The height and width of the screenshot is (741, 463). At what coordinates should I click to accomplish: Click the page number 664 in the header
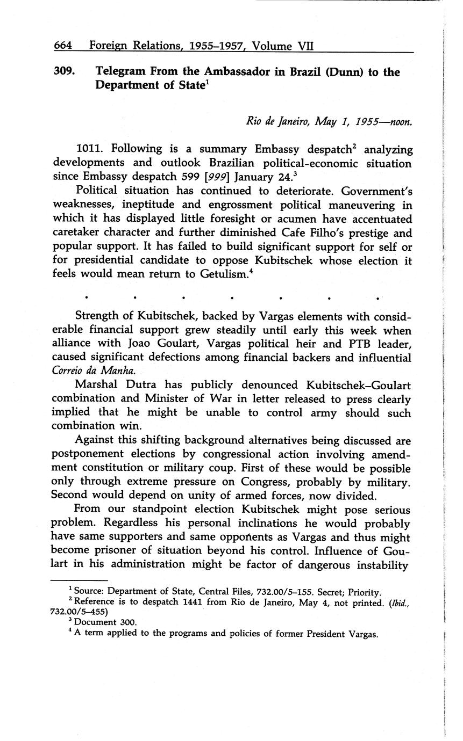pyautogui.click(x=63, y=46)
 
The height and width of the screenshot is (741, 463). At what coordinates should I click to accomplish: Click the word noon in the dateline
pyautogui.click(x=400, y=122)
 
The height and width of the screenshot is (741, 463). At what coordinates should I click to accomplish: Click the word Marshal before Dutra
pyautogui.click(x=99, y=385)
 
